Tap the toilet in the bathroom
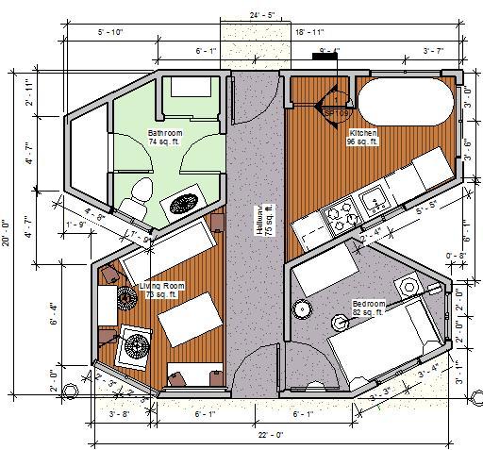(x=138, y=191)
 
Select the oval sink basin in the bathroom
(x=181, y=202)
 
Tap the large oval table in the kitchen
(x=404, y=104)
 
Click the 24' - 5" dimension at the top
(x=248, y=14)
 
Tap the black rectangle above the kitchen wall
(x=326, y=56)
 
